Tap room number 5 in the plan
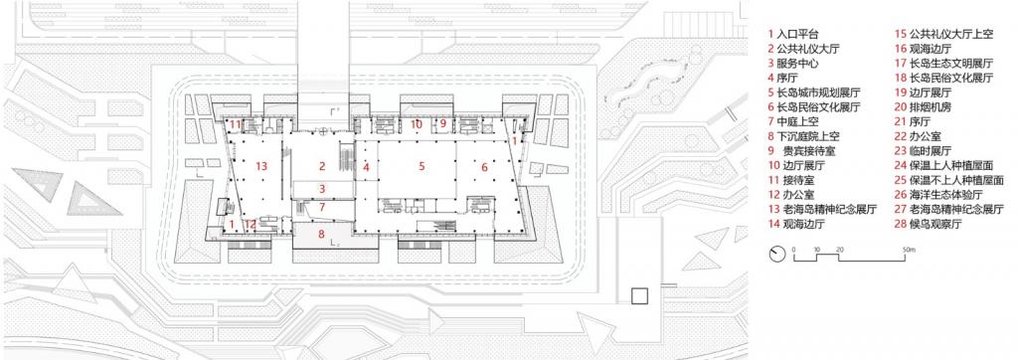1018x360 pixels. coord(422,165)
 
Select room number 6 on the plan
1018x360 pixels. coord(484,167)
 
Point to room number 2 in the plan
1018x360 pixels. coord(322,165)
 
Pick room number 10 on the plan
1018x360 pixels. coord(418,124)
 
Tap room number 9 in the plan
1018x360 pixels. coord(443,124)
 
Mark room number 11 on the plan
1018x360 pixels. coord(236,124)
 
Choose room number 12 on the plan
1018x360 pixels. coord(252,225)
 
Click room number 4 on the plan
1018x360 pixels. coord(366,167)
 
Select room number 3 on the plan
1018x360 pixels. coord(321,188)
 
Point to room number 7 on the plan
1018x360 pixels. coord(321,207)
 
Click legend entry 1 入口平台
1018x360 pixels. coord(795,34)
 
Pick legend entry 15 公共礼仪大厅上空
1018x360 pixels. coord(944,34)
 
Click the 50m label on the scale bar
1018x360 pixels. coord(908,246)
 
